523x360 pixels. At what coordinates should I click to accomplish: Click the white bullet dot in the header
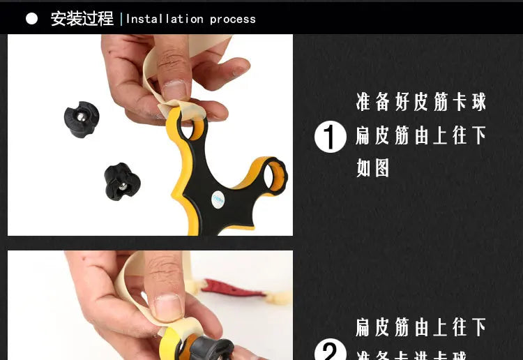[32, 19]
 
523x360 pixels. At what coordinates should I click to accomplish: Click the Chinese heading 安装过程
[82, 19]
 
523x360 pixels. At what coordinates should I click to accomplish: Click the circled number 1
[331, 137]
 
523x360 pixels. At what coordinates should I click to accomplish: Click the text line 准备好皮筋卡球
[421, 103]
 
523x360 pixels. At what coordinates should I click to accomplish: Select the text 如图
[372, 168]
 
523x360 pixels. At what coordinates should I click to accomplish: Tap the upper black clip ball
[82, 119]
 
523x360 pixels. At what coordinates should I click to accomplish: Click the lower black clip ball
[122, 181]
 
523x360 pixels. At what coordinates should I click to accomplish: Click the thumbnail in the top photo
[174, 90]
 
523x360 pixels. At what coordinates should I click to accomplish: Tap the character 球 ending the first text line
[479, 103]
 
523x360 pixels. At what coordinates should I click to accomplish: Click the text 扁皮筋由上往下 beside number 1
[421, 135]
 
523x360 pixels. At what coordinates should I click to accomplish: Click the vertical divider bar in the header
[121, 19]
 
